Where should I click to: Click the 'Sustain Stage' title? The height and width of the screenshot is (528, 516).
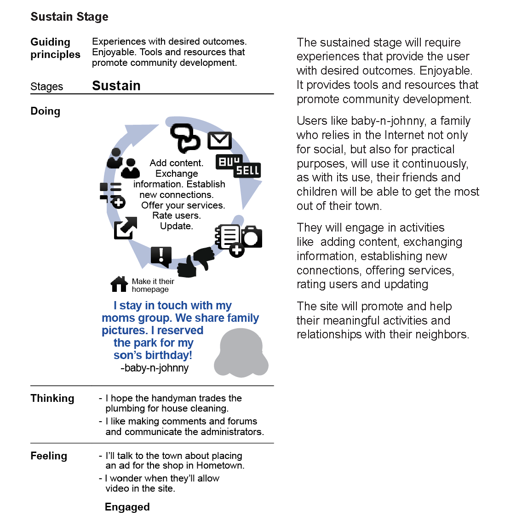click(x=69, y=17)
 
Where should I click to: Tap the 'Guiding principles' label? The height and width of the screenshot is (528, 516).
click(x=55, y=48)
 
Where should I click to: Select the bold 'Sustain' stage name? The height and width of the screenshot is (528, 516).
click(x=116, y=86)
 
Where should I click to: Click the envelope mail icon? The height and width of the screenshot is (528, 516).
click(x=219, y=141)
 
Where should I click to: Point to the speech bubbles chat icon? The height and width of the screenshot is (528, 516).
click(x=185, y=137)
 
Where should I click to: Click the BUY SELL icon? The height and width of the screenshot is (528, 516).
click(x=238, y=166)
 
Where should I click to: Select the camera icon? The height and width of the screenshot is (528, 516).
click(x=252, y=237)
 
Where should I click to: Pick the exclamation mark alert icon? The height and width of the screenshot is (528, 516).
click(x=161, y=256)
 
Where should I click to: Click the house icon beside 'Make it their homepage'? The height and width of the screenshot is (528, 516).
click(x=119, y=284)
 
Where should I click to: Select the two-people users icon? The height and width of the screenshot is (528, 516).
click(x=123, y=163)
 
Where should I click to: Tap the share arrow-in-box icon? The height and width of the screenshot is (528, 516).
click(x=125, y=227)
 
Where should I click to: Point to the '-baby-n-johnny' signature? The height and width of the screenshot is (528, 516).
click(x=155, y=368)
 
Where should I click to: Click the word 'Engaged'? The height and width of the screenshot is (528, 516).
click(x=127, y=507)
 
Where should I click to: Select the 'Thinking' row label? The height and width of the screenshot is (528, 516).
click(x=52, y=399)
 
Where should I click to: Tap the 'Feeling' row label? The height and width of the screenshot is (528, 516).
click(x=49, y=456)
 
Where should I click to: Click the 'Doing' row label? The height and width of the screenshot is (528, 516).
click(x=46, y=111)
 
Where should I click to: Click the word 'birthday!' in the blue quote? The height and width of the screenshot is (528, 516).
click(x=168, y=355)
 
